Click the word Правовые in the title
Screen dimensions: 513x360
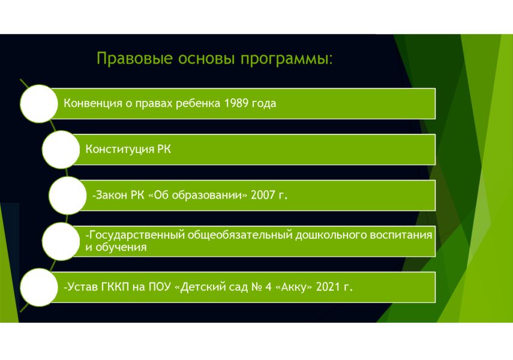click(134, 59)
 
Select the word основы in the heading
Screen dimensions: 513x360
click(206, 59)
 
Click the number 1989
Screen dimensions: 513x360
click(236, 103)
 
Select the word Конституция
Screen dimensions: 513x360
click(120, 149)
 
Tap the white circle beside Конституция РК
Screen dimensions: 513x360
click(61, 149)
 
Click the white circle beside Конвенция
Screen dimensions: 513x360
click(39, 104)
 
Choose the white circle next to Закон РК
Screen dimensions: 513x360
click(68, 196)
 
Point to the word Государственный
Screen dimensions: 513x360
click(137, 235)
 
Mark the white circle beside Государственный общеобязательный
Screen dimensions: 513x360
click(61, 241)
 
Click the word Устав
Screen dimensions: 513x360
click(82, 287)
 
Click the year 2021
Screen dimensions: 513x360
click(328, 287)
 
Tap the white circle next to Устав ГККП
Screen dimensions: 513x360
click(39, 287)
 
